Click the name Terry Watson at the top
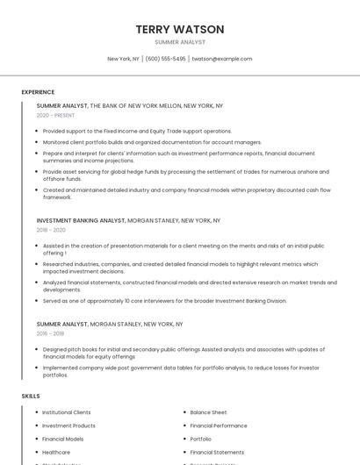click(x=180, y=29)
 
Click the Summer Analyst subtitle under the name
click(x=180, y=42)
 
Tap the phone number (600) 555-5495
click(x=165, y=59)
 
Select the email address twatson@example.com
click(x=222, y=59)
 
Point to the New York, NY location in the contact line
click(x=123, y=59)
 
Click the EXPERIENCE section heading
click(x=38, y=92)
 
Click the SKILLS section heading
click(x=30, y=396)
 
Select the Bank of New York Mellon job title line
click(x=130, y=105)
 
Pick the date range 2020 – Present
click(x=55, y=116)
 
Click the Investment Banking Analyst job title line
click(x=128, y=220)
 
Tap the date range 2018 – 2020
click(x=51, y=230)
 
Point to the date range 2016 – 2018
click(x=50, y=333)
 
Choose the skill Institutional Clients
click(x=66, y=412)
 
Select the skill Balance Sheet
click(x=208, y=412)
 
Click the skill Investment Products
click(x=68, y=426)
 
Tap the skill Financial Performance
click(x=219, y=426)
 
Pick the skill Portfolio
click(x=200, y=439)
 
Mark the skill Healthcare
click(x=56, y=452)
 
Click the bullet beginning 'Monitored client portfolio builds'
click(x=152, y=141)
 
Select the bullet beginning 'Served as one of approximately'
click(x=164, y=301)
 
